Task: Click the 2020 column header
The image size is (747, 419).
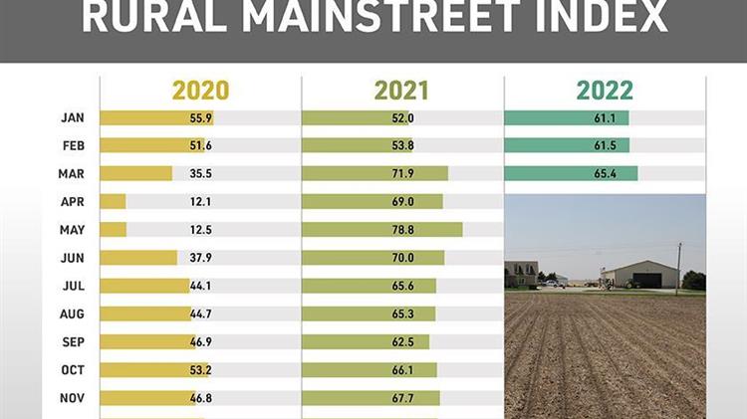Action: coord(200,91)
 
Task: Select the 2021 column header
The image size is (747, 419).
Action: coord(401,91)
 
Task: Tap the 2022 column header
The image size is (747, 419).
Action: coord(605,91)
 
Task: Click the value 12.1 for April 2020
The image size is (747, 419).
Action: coord(203,202)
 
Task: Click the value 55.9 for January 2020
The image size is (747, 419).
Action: coord(203,118)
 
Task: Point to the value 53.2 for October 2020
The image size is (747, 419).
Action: coord(203,370)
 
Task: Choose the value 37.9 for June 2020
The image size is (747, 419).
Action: coord(203,258)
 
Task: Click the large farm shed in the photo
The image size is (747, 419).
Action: coord(639,275)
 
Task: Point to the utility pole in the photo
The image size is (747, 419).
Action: coord(680,266)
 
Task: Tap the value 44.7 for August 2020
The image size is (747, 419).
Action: coord(203,314)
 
